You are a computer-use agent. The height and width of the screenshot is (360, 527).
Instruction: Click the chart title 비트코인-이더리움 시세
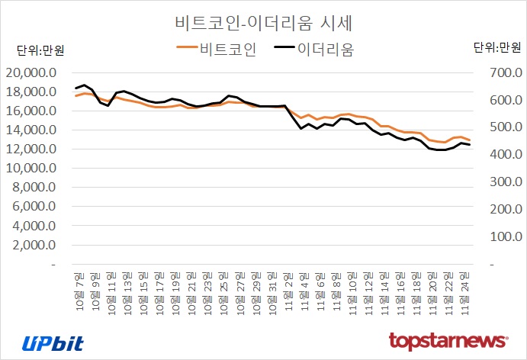(x=264, y=21)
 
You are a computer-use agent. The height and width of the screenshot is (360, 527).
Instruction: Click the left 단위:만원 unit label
(x=41, y=51)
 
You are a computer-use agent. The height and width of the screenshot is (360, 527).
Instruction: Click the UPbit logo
(x=53, y=342)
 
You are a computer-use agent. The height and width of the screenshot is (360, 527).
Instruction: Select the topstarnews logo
(x=448, y=340)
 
